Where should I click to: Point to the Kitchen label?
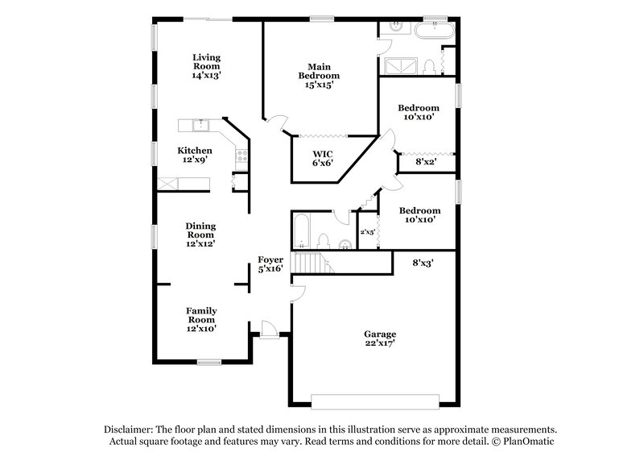pyautogui.click(x=195, y=150)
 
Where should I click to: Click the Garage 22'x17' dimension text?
pyautogui.click(x=379, y=343)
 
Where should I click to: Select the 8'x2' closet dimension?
pyautogui.click(x=427, y=161)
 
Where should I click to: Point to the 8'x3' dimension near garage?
pyautogui.click(x=423, y=262)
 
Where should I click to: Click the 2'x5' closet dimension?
pyautogui.click(x=367, y=232)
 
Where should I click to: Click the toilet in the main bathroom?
pyautogui.click(x=431, y=65)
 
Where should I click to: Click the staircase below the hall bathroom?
pyautogui.click(x=308, y=262)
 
